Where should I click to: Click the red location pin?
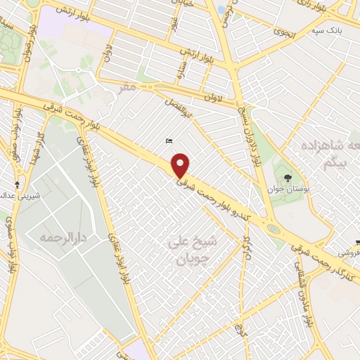[x=181, y=166]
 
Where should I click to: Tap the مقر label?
[x=127, y=89]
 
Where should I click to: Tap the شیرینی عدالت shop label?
[x=20, y=193]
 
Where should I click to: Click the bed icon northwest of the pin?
[x=169, y=141]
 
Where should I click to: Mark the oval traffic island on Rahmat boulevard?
[x=272, y=229]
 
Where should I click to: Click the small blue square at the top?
[x=221, y=10]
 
